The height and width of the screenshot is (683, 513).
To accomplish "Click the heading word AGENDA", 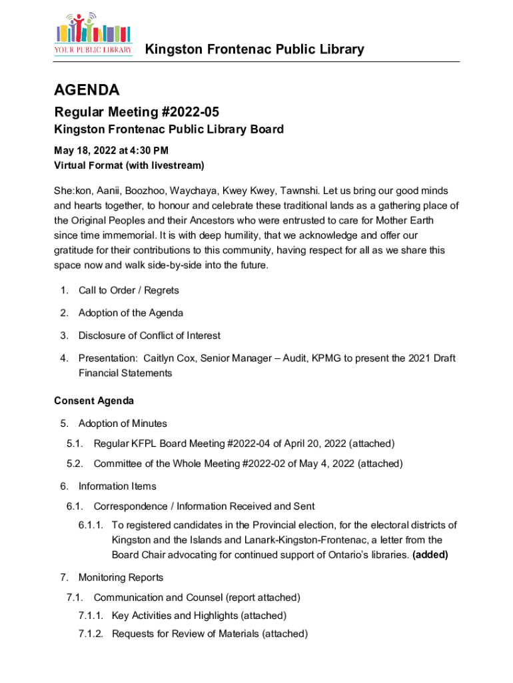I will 87,90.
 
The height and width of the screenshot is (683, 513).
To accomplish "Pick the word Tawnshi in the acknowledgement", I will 299,191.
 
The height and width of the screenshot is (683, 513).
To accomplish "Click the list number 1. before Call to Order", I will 64,290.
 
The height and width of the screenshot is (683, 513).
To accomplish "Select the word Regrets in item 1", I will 161,290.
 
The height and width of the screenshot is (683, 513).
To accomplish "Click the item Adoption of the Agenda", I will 131,313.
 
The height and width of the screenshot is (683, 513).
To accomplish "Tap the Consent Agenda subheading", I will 94,401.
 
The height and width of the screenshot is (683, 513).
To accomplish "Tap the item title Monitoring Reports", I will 121,577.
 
